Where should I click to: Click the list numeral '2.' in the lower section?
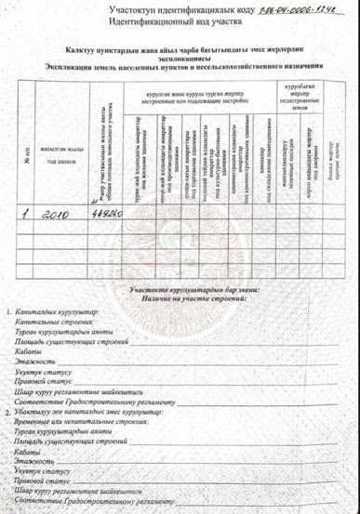[9, 410]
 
